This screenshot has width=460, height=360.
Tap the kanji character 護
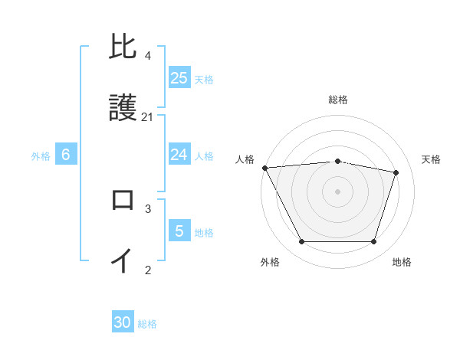point(123,109)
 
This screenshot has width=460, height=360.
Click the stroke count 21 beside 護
point(148,117)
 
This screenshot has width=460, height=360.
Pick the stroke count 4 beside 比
point(148,56)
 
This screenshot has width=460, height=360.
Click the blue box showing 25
point(179,77)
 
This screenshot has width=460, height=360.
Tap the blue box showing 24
point(179,155)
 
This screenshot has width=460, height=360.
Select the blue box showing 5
point(179,231)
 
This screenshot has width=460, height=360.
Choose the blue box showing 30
point(123,322)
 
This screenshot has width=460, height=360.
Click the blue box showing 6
point(66,155)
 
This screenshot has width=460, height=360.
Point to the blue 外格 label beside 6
point(41,156)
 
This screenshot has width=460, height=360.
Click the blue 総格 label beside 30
point(147,324)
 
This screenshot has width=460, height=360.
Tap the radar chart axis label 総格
point(338,100)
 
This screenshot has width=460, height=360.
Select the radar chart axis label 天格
point(432,159)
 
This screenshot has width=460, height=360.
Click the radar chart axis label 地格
point(402,262)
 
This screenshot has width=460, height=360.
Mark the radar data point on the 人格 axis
point(264,168)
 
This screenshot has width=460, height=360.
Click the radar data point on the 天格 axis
point(396,172)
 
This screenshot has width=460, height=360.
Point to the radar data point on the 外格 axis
point(301,242)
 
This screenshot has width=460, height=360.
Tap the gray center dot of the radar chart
point(338,191)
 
